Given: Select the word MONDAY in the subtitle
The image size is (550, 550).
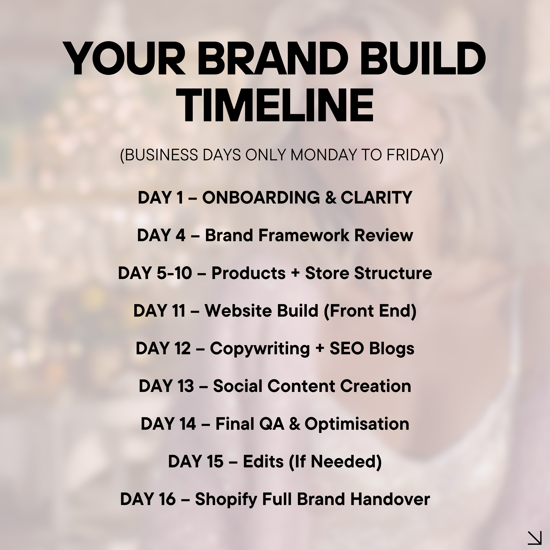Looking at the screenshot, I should (323, 155).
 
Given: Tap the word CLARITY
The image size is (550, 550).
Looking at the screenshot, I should (376, 198).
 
